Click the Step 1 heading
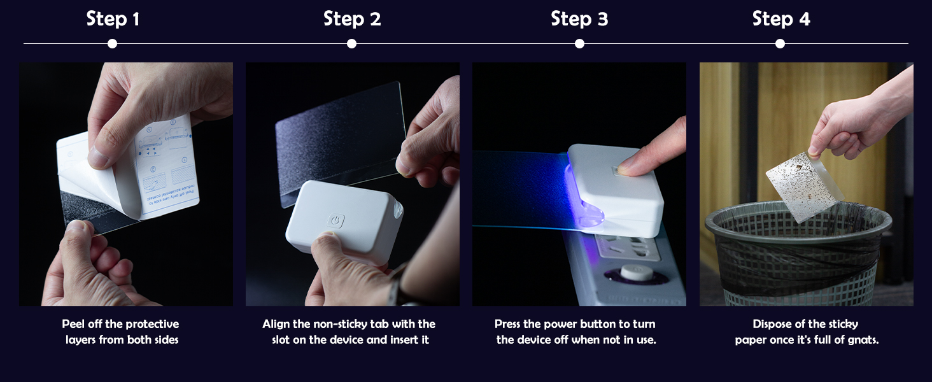coord(113,19)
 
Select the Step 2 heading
coord(352,19)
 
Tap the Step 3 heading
coord(579,19)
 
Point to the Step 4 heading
coord(781,19)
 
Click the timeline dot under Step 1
coord(113,44)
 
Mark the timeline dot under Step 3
coord(579,44)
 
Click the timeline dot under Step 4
coord(780,44)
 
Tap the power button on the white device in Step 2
coord(336,221)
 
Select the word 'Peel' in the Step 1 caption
coord(74,324)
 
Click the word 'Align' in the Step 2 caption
coord(277,324)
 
